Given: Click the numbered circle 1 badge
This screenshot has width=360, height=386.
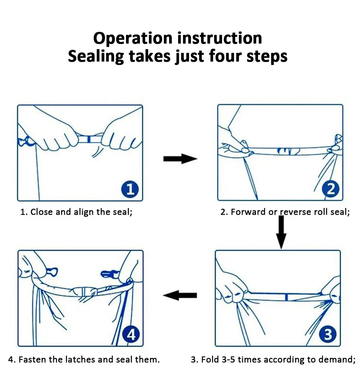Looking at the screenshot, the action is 130,189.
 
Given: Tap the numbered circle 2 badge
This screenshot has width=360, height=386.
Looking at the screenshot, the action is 331,189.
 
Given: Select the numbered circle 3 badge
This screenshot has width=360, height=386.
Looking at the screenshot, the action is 327,335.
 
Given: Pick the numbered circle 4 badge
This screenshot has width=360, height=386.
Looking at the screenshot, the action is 131,335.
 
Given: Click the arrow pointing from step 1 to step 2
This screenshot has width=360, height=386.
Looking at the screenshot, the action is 180,159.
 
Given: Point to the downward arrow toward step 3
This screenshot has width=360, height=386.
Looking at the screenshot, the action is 281,232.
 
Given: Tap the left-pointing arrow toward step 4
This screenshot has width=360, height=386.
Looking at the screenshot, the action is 180,295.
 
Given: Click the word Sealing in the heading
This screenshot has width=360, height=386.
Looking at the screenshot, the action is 96,57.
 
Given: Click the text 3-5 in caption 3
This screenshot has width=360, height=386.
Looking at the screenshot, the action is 228,360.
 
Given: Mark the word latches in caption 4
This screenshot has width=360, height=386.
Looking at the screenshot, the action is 80,360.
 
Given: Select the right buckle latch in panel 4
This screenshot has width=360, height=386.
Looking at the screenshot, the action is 109,274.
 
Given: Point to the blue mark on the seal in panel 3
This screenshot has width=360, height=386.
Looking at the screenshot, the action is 286,297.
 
